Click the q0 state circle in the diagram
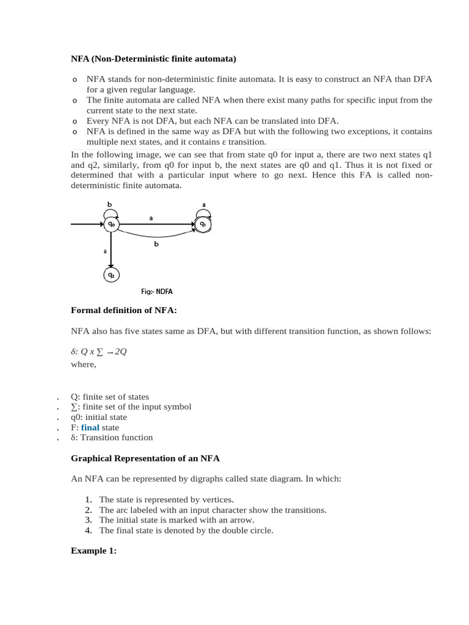pyautogui.click(x=111, y=225)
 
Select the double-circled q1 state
pyautogui.click(x=203, y=225)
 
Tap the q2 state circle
pyautogui.click(x=111, y=275)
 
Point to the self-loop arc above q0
pyautogui.click(x=111, y=212)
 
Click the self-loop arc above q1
pyautogui.click(x=203, y=212)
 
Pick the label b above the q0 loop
pyautogui.click(x=110, y=204)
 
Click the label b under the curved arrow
pyautogui.click(x=156, y=244)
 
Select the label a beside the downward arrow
pyautogui.click(x=105, y=251)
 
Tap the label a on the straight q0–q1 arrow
pyautogui.click(x=151, y=217)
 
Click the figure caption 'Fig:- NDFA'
pyautogui.click(x=156, y=292)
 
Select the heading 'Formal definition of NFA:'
pyautogui.click(x=123, y=311)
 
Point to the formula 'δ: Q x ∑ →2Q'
pyautogui.click(x=98, y=352)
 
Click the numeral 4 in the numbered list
pyautogui.click(x=89, y=530)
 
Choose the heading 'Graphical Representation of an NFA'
pyautogui.click(x=145, y=458)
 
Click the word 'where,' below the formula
pyautogui.click(x=84, y=365)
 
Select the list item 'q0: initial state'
pyautogui.click(x=98, y=417)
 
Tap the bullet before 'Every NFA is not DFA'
pyautogui.click(x=75, y=121)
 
